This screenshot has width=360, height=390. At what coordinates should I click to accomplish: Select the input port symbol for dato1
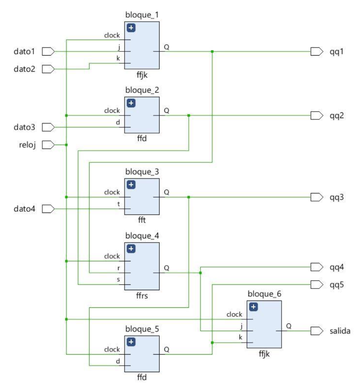click(x=48, y=51)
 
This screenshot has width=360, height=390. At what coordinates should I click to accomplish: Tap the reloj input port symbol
click(x=48, y=145)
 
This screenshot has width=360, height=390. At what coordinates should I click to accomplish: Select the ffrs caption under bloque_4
click(x=142, y=296)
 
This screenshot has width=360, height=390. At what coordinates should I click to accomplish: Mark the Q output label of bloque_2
click(x=166, y=110)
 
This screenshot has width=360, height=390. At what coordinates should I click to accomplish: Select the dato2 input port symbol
click(x=48, y=69)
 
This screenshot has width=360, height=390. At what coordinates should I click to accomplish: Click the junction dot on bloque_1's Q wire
click(x=212, y=51)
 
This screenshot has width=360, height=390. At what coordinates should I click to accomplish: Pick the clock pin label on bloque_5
click(x=112, y=349)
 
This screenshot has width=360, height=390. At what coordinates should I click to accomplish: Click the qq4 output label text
click(x=337, y=267)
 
